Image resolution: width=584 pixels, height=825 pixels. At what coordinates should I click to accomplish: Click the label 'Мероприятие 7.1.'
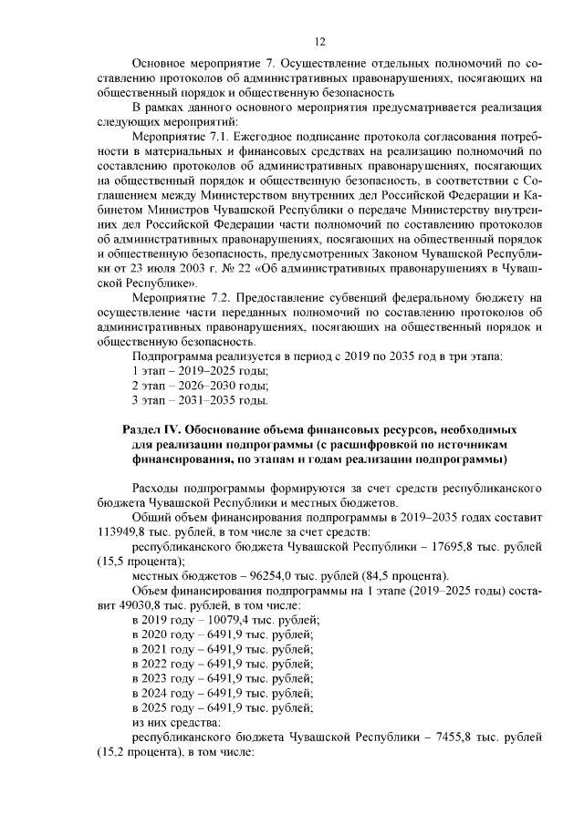click(181, 136)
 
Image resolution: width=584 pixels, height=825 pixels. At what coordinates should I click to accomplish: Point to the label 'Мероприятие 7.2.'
click(181, 297)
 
